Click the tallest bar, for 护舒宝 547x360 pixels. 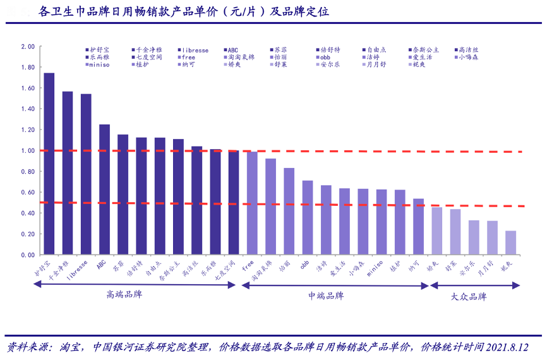pyautogui.click(x=49, y=164)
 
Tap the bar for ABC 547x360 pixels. pyautogui.click(x=104, y=189)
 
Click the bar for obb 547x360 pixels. pyautogui.click(x=308, y=218)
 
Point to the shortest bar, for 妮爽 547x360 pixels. pyautogui.click(x=511, y=243)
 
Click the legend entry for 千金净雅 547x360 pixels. pyautogui.click(x=149, y=49)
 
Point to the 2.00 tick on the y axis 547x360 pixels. pyautogui.click(x=28, y=47)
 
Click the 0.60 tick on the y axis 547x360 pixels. pyautogui.click(x=28, y=193)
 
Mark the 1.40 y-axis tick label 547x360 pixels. pyautogui.click(x=28, y=109)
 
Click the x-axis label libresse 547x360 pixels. pyautogui.click(x=76, y=268)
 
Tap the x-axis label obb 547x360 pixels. pyautogui.click(x=304, y=264)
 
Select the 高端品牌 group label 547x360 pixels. pyautogui.click(x=124, y=294)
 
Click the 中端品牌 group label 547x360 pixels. pyautogui.click(x=326, y=295)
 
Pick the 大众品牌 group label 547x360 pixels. pyautogui.click(x=469, y=296)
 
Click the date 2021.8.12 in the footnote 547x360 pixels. pyautogui.click(x=503, y=347)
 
